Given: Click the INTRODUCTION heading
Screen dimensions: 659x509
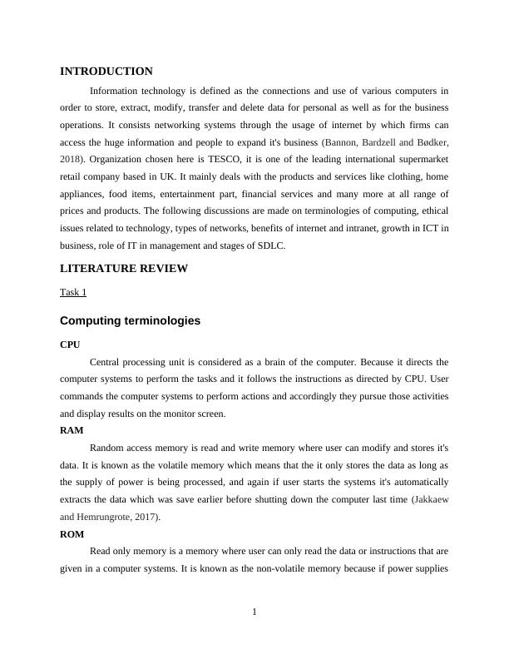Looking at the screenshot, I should (x=106, y=72).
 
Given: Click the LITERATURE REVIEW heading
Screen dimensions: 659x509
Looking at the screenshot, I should (x=124, y=269).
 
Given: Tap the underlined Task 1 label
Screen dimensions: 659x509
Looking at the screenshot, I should (x=73, y=292).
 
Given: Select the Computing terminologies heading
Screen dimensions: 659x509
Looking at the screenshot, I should (x=130, y=320).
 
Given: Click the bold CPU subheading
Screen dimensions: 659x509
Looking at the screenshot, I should (x=71, y=344).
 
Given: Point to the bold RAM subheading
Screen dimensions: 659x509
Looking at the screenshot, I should (x=72, y=430).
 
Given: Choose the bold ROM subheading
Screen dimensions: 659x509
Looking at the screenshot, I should (x=72, y=533).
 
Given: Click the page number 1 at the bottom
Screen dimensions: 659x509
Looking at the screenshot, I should (x=254, y=612).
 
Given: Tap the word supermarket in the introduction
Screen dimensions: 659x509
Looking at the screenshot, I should (x=421, y=159).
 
